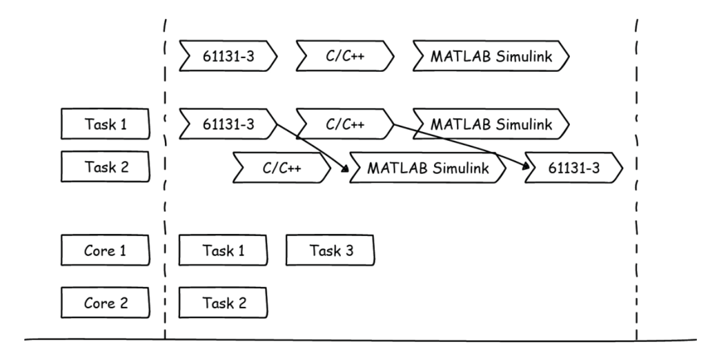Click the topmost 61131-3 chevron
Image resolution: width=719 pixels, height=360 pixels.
pos(228,56)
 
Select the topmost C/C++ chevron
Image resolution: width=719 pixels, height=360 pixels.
pos(345,56)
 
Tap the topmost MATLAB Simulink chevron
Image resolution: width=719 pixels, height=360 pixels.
pos(491,56)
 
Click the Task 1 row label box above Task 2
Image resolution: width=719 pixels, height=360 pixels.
pos(105,124)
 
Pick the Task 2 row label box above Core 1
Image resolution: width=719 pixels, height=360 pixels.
pos(105,167)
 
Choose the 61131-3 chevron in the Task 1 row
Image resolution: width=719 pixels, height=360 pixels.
pos(228,124)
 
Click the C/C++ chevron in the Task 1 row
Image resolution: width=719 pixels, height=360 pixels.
pos(345,124)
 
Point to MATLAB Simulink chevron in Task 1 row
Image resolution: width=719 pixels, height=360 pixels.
pos(491,124)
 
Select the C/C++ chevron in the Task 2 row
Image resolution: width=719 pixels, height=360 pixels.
pos(282,168)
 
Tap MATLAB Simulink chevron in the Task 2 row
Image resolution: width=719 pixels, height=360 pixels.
pos(428,168)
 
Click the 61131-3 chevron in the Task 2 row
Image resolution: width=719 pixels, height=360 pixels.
pos(574,168)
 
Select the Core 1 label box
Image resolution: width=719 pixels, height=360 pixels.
pos(105,250)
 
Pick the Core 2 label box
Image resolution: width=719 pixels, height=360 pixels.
pos(105,303)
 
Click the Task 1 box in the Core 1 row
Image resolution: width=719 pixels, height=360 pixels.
pos(223,250)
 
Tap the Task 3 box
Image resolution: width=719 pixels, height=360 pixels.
pos(330,250)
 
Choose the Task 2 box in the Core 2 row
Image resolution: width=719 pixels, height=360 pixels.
pos(223,303)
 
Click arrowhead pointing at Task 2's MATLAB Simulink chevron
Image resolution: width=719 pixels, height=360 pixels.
pos(345,169)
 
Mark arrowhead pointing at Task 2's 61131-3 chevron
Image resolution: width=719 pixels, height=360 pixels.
pos(526,166)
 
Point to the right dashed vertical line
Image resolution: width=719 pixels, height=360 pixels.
pos(637,179)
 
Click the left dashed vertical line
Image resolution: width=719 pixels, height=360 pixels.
pos(165,179)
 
